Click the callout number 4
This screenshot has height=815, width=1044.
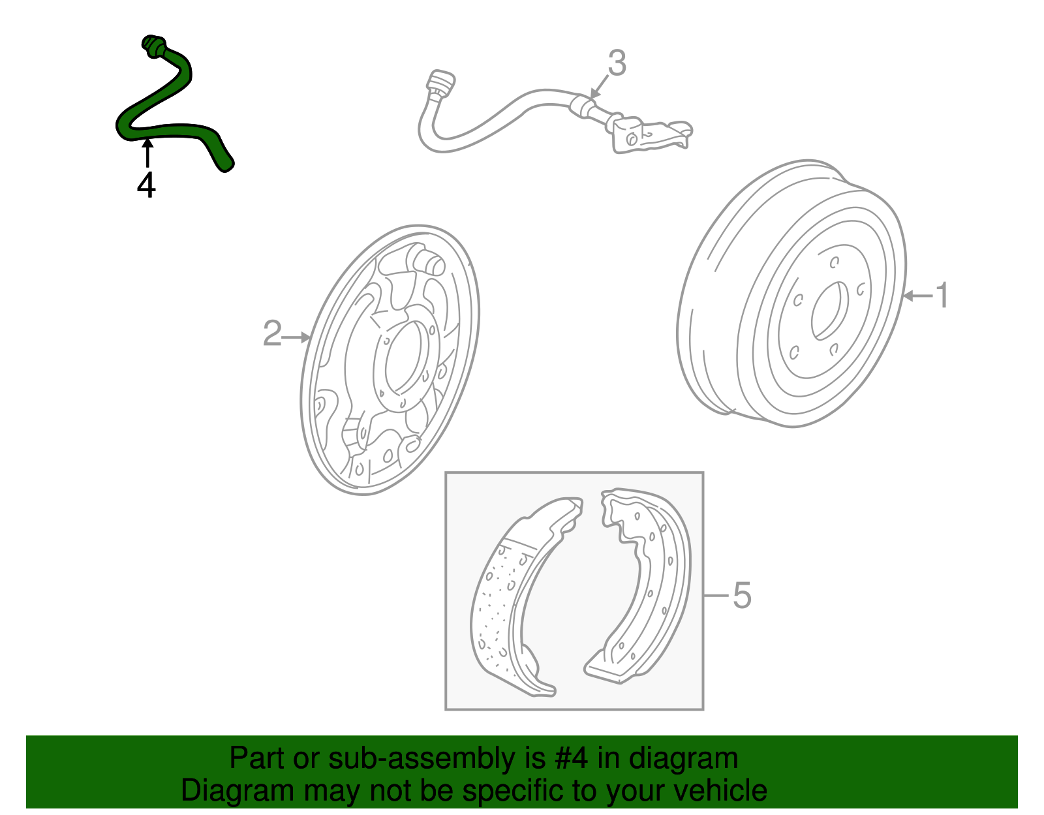[146, 185]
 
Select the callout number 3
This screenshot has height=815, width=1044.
[617, 63]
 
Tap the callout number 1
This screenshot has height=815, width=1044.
[942, 296]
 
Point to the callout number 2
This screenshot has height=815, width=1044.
[272, 333]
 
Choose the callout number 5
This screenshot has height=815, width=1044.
[742, 595]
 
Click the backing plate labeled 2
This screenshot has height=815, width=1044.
[391, 359]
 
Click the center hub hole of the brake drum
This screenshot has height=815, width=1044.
[829, 311]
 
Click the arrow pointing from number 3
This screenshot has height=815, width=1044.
[598, 87]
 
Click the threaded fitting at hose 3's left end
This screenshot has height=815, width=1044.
[440, 84]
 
